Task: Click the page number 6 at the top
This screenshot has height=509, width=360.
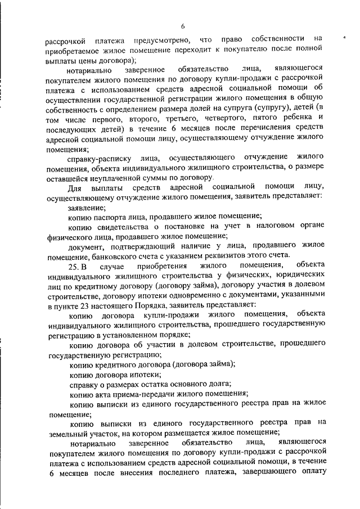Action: tap(183, 26)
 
